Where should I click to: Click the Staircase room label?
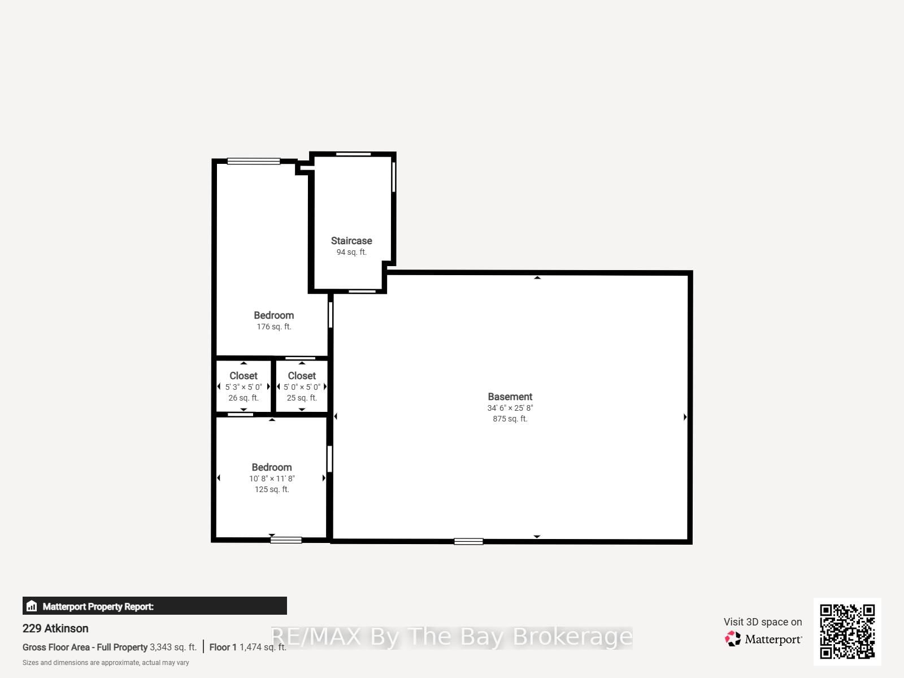click(x=351, y=241)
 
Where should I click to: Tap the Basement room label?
click(x=510, y=397)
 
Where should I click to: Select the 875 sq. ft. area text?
click(x=510, y=419)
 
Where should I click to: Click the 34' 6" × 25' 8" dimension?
click(x=510, y=408)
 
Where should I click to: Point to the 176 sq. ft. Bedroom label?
click(x=273, y=315)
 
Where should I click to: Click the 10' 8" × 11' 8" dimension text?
click(x=272, y=479)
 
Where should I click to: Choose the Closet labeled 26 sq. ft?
click(x=244, y=376)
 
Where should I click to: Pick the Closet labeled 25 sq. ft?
click(x=302, y=376)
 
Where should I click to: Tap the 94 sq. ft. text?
click(x=351, y=252)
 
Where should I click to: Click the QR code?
click(x=847, y=632)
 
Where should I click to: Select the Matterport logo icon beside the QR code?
click(x=733, y=639)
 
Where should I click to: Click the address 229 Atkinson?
click(x=55, y=628)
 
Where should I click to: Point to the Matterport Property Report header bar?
click(x=154, y=606)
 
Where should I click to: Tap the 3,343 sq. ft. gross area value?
click(x=173, y=647)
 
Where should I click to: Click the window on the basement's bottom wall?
click(x=468, y=541)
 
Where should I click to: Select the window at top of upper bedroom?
click(x=254, y=161)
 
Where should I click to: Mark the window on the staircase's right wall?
click(x=394, y=177)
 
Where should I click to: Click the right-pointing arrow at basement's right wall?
click(x=685, y=417)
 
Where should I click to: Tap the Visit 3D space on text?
click(x=763, y=622)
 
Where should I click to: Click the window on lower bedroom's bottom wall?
click(x=286, y=540)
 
